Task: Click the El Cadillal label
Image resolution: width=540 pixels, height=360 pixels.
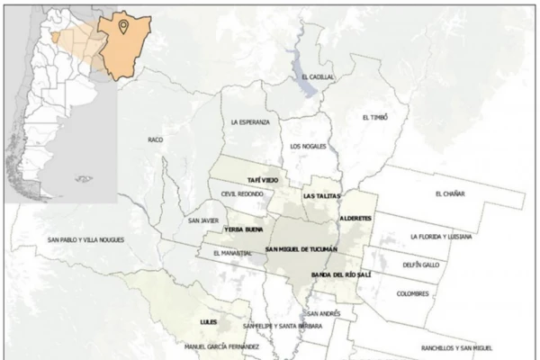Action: pyautogui.click(x=319, y=77)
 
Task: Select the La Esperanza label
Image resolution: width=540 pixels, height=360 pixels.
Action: pyautogui.click(x=249, y=122)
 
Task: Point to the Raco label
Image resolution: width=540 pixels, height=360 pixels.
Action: pyautogui.click(x=156, y=140)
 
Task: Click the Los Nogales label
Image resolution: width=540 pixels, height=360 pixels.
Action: pyautogui.click(x=308, y=146)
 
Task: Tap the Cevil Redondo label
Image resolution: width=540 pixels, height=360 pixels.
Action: pyautogui.click(x=239, y=193)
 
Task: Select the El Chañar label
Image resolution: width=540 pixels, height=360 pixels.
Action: pyautogui.click(x=449, y=193)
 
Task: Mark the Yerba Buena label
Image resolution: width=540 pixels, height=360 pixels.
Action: pyautogui.click(x=243, y=230)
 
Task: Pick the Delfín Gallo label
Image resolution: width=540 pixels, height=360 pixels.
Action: pyautogui.click(x=422, y=265)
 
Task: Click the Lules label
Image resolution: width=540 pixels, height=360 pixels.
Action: pyautogui.click(x=210, y=321)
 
